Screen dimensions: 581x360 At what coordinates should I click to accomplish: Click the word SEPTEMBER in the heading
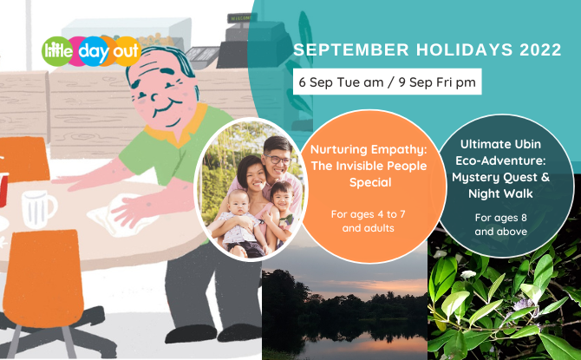click(x=351, y=50)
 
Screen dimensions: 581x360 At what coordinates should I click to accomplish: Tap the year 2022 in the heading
click(x=540, y=50)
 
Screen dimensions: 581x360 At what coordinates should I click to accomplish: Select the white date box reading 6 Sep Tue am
click(x=388, y=82)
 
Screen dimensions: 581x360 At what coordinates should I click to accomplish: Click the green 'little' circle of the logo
click(x=56, y=51)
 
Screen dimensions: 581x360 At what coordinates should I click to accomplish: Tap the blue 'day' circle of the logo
click(x=94, y=51)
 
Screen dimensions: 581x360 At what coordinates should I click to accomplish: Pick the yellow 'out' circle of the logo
click(x=127, y=51)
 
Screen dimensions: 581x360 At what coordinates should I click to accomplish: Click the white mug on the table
click(x=38, y=209)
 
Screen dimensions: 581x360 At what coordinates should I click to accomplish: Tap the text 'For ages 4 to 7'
click(x=368, y=214)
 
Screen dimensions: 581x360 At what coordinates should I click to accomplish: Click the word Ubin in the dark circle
click(x=525, y=144)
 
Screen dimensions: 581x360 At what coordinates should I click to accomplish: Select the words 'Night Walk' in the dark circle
click(x=500, y=193)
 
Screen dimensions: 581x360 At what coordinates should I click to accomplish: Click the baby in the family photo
click(x=240, y=225)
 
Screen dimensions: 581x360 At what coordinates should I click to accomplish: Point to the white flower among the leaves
click(x=468, y=275)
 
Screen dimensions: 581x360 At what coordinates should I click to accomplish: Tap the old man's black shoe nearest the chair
click(x=191, y=333)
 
